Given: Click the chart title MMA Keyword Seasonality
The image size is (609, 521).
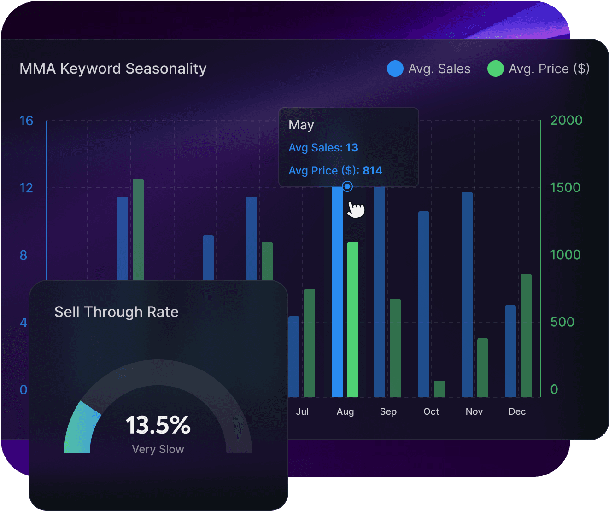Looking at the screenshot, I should (113, 69).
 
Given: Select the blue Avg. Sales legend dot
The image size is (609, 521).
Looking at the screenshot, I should (395, 69).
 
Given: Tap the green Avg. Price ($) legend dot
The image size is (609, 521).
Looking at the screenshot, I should (496, 69).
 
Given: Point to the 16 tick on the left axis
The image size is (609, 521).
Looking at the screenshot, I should (26, 121).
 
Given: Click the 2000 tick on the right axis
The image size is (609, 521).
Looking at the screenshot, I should (566, 120).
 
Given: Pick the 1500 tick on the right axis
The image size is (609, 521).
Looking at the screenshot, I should (565, 187).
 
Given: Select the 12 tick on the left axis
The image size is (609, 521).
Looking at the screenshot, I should (26, 188).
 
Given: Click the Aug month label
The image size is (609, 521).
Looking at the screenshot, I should (345, 411).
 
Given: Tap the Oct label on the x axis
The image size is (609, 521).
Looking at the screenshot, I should (431, 411).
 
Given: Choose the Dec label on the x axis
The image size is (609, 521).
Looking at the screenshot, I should (517, 411).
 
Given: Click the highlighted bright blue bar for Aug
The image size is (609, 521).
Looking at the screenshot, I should (337, 295).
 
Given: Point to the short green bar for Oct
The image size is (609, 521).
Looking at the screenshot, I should (439, 389).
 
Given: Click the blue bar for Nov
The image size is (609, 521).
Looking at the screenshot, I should (467, 295).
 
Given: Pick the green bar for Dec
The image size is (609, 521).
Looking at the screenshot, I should (526, 336).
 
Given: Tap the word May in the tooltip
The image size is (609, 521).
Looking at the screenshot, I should (301, 125).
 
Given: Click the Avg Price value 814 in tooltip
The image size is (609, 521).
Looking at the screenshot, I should (372, 171).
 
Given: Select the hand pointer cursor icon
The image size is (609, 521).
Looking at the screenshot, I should (356, 209).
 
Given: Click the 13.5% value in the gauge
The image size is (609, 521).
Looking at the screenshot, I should (158, 425).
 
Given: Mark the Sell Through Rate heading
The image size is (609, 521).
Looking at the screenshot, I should (117, 312).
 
